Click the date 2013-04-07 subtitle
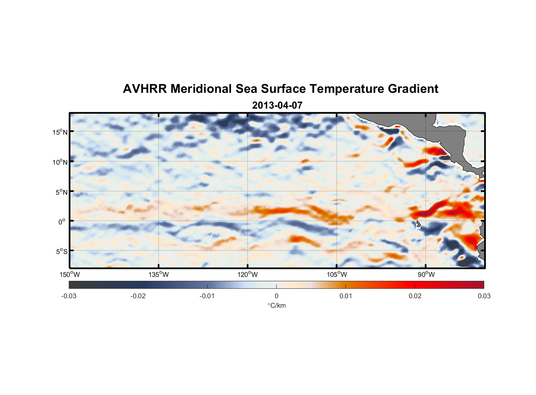pos(277,105)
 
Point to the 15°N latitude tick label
pos(60,132)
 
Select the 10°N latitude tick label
pos(60,162)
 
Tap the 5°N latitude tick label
pos(62,192)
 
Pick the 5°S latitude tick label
pos(62,252)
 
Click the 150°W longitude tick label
pos(70,275)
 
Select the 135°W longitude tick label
pos(159,275)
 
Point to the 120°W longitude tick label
pos(248,275)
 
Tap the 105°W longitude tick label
pos(337,275)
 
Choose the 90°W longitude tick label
pos(426,275)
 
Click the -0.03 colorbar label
pos(69,296)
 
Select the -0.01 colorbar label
pos(207,296)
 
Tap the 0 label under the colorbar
pos(276,296)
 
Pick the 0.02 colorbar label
pos(415,296)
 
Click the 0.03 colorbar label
pos(484,296)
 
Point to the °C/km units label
pos(277,305)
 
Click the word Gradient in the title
pos(413,89)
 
